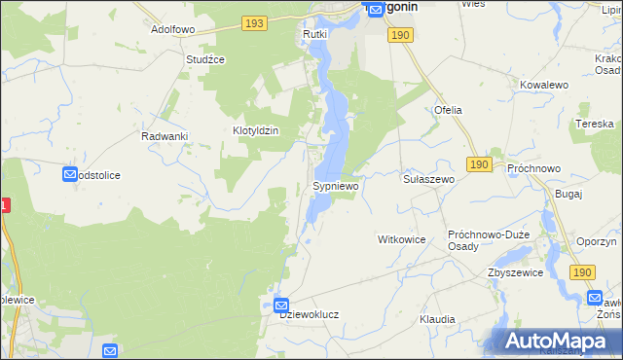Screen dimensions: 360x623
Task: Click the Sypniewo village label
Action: pyautogui.click(x=336, y=185)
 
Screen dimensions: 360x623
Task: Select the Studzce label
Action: pyautogui.click(x=205, y=59)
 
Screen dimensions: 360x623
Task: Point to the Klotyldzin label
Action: pyautogui.click(x=256, y=130)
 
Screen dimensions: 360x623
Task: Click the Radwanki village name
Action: pyautogui.click(x=164, y=136)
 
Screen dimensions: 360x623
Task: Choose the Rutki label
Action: pyautogui.click(x=313, y=34)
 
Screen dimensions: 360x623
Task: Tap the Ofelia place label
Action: pyautogui.click(x=448, y=110)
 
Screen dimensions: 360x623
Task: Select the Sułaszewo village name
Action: pyautogui.click(x=429, y=180)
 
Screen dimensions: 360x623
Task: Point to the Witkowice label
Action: pyautogui.click(x=403, y=238)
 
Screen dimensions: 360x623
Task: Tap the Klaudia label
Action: pyautogui.click(x=437, y=319)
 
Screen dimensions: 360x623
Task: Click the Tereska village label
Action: pyautogui.click(x=594, y=125)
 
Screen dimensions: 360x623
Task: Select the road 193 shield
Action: pyautogui.click(x=255, y=21)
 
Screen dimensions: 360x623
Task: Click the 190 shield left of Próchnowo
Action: pyautogui.click(x=477, y=165)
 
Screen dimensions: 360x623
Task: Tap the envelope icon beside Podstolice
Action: pyautogui.click(x=70, y=174)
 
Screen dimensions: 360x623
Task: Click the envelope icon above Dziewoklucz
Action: pyautogui.click(x=280, y=304)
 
